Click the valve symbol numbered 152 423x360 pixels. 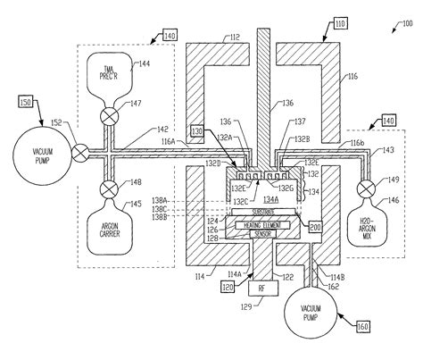(79, 151)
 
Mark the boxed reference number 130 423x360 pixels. (195, 130)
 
